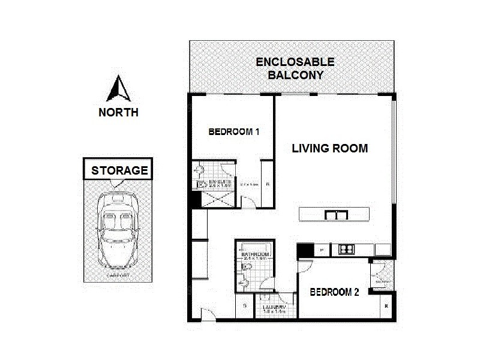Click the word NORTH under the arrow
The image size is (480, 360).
pyautogui.click(x=119, y=112)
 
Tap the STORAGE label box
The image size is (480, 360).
pyautogui.click(x=119, y=170)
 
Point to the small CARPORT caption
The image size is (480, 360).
pyautogui.click(x=118, y=275)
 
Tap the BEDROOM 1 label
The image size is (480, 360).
pyautogui.click(x=233, y=132)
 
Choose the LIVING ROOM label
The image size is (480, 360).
pyautogui.click(x=329, y=148)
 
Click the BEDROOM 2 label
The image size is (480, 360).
pyautogui.click(x=334, y=292)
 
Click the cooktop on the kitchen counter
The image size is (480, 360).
pyautogui.click(x=347, y=248)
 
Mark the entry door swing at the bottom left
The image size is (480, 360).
pyautogui.click(x=208, y=314)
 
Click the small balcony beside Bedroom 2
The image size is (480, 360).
pyautogui.click(x=382, y=278)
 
